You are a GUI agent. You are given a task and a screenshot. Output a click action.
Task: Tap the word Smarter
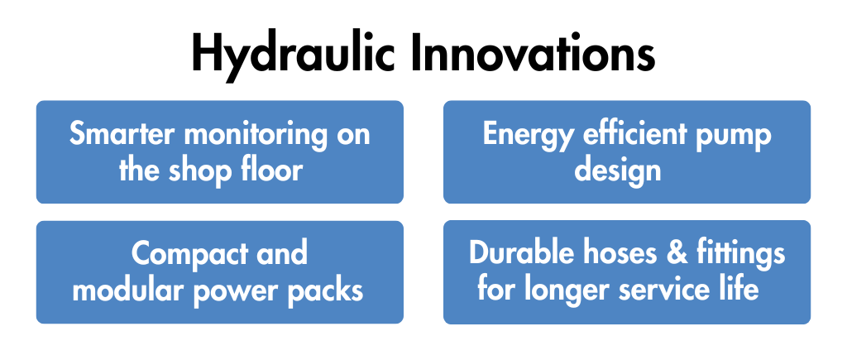123,133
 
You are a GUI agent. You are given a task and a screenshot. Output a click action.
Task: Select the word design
617,170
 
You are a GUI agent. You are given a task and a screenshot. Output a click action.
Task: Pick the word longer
569,290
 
